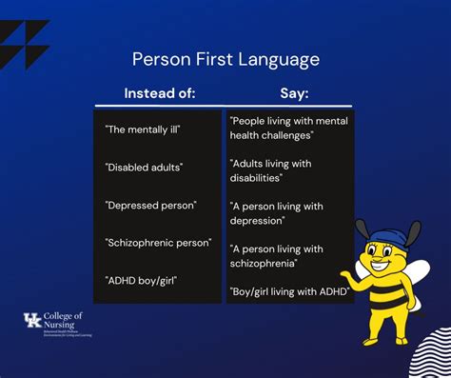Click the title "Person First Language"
[x=225, y=59]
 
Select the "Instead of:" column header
[x=160, y=93]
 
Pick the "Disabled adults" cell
[x=145, y=167]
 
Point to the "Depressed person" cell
[x=149, y=204]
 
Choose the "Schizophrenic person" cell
[x=158, y=242]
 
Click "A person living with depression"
[x=276, y=212]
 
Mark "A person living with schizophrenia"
[x=277, y=255]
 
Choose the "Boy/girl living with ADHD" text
[x=289, y=290]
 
